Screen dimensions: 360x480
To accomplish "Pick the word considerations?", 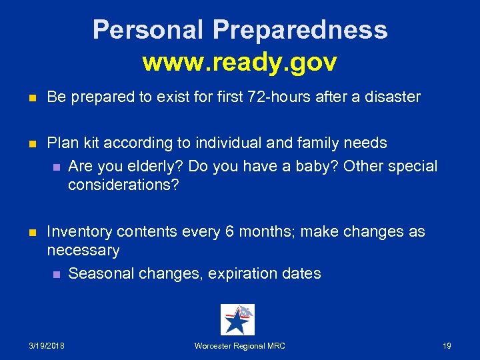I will click(123, 185).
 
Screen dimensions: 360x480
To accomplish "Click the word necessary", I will click(83, 251).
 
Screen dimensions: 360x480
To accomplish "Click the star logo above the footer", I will click(237, 320).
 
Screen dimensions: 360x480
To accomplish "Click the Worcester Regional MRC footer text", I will click(239, 346).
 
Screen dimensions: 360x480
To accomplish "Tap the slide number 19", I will click(447, 346).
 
